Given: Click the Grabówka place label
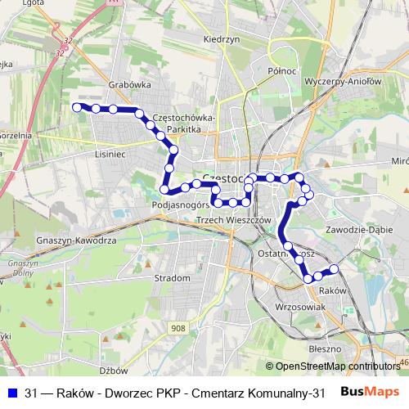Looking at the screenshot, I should coord(126,83).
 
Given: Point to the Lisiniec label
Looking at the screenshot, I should coord(109,152).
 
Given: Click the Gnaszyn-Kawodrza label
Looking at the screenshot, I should coord(72,241).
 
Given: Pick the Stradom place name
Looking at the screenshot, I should coord(173,278).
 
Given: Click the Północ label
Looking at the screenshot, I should coord(281,71).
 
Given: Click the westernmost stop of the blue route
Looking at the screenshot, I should coord(77,107).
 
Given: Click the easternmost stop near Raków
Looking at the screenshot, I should coord(334,270).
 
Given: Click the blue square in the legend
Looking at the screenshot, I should coord(11,393).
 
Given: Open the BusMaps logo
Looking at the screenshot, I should coord(370,392).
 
